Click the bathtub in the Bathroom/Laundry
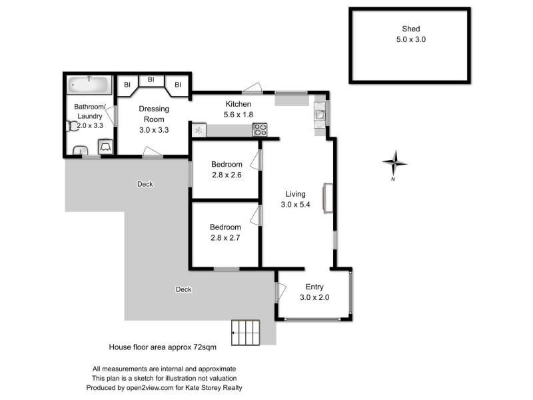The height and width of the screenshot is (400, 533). (88, 85)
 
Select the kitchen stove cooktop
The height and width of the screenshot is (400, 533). (259, 129)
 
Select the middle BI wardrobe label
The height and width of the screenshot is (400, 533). (151, 79)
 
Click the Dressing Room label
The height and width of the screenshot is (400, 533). (154, 114)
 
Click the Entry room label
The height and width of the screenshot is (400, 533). (314, 287)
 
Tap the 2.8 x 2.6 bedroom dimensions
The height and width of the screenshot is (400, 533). (226, 175)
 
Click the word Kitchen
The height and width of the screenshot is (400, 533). (238, 104)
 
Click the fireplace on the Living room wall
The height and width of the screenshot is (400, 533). (326, 198)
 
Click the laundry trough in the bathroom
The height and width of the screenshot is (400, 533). (105, 147)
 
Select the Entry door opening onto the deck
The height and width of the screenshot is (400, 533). (280, 291)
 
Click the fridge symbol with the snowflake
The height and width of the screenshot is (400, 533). (199, 129)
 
